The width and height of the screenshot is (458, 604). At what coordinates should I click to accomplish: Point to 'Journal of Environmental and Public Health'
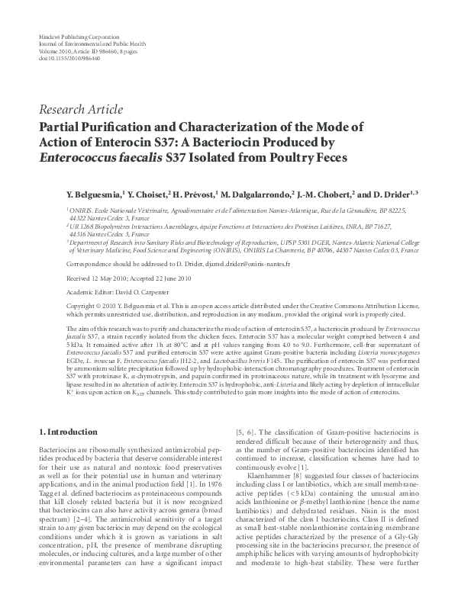(x=85, y=44)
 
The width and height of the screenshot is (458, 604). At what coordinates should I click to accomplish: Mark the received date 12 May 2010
(x=102, y=278)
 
